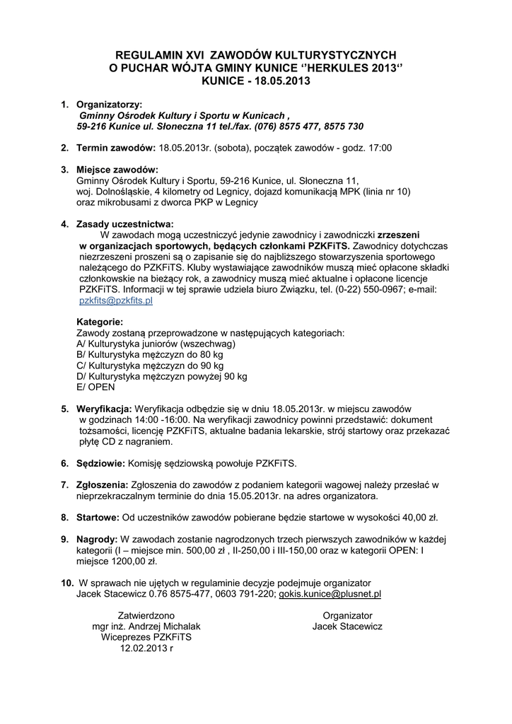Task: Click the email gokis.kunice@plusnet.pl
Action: [330, 595]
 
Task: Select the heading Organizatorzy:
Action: [109, 104]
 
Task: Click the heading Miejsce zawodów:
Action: [117, 169]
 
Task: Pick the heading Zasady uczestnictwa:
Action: [124, 223]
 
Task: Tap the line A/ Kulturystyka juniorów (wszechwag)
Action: [156, 344]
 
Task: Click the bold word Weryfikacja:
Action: [104, 409]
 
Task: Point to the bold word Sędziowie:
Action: [100, 464]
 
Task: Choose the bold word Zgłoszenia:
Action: [102, 485]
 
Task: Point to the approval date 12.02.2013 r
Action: [146, 648]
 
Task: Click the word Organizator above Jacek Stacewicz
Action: [347, 616]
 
